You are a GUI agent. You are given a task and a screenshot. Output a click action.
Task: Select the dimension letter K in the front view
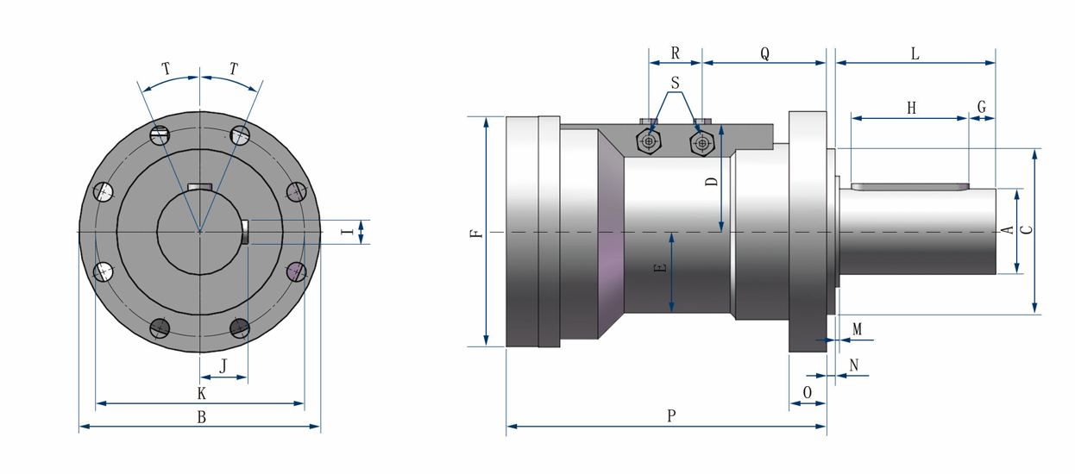click(x=201, y=394)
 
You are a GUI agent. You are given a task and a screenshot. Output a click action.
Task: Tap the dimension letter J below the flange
click(x=223, y=366)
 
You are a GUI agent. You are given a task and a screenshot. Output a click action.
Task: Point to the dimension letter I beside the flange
click(x=346, y=232)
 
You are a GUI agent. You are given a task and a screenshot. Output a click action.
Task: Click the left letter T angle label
click(x=166, y=67)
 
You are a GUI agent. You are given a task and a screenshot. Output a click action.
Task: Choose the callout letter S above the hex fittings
click(x=676, y=84)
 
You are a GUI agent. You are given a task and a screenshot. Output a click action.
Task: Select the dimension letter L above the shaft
click(x=915, y=53)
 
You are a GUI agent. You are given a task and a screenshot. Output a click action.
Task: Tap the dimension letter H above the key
click(x=911, y=108)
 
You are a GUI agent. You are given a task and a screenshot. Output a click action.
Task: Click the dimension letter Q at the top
click(x=764, y=53)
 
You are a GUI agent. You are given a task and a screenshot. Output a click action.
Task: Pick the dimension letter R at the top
click(x=676, y=53)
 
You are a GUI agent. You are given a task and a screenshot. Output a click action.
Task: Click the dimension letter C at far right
click(x=1027, y=230)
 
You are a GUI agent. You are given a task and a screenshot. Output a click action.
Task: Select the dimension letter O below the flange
click(x=808, y=391)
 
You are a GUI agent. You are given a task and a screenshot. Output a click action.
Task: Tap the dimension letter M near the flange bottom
click(x=857, y=329)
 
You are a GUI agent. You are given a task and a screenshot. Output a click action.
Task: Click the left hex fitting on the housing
click(x=649, y=141)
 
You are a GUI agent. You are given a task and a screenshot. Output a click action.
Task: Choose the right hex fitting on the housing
click(x=701, y=142)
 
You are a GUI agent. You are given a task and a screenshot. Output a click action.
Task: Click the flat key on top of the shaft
click(x=910, y=185)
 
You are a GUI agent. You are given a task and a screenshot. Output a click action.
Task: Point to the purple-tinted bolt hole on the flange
click(x=295, y=271)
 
